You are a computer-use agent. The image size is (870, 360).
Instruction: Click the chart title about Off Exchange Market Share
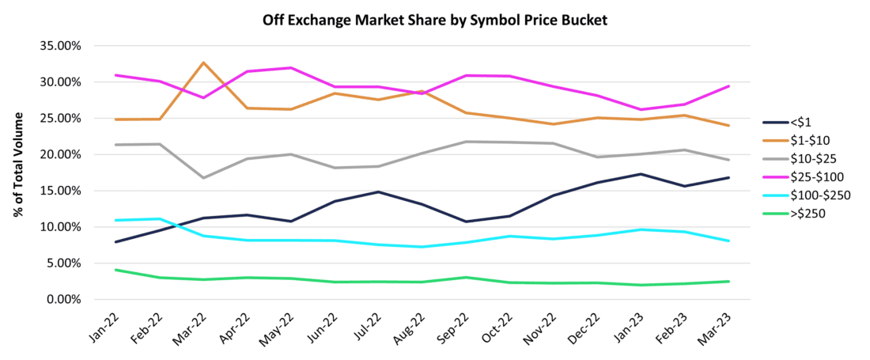[434, 21]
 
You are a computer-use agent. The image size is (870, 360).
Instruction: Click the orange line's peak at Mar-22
[204, 63]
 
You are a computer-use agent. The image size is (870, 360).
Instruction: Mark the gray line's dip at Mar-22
[204, 178]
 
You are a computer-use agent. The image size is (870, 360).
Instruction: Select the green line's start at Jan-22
[116, 270]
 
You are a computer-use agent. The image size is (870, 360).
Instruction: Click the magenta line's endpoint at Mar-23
[728, 86]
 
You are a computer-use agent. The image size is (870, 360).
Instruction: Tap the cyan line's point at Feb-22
[160, 218]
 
